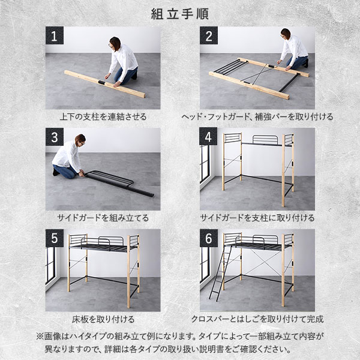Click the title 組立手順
(x=180, y=14)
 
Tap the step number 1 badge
(x=55, y=35)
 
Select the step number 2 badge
(x=209, y=35)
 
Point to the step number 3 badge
(x=55, y=137)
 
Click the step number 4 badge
(x=208, y=137)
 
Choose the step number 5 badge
(x=55, y=238)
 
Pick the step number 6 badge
(x=209, y=238)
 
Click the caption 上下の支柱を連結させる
(x=103, y=116)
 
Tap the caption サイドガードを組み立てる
(x=103, y=218)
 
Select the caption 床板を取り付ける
(x=103, y=319)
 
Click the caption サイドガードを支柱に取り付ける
(x=257, y=218)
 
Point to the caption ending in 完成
(x=257, y=319)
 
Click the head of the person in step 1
(x=115, y=44)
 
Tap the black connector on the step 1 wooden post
(x=101, y=82)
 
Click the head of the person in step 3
(x=80, y=140)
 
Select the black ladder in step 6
(x=220, y=273)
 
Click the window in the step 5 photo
(x=50, y=265)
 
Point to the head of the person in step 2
(x=286, y=34)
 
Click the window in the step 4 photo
(x=205, y=164)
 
